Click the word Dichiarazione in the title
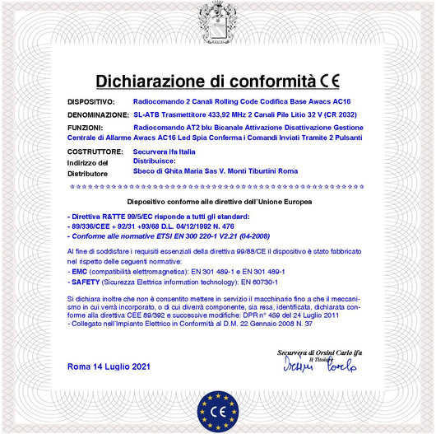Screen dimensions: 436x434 click(x=150, y=81)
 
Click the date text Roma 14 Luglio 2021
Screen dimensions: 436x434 click(x=109, y=364)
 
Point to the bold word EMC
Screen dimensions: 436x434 click(x=79, y=271)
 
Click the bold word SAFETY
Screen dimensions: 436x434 click(x=85, y=281)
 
